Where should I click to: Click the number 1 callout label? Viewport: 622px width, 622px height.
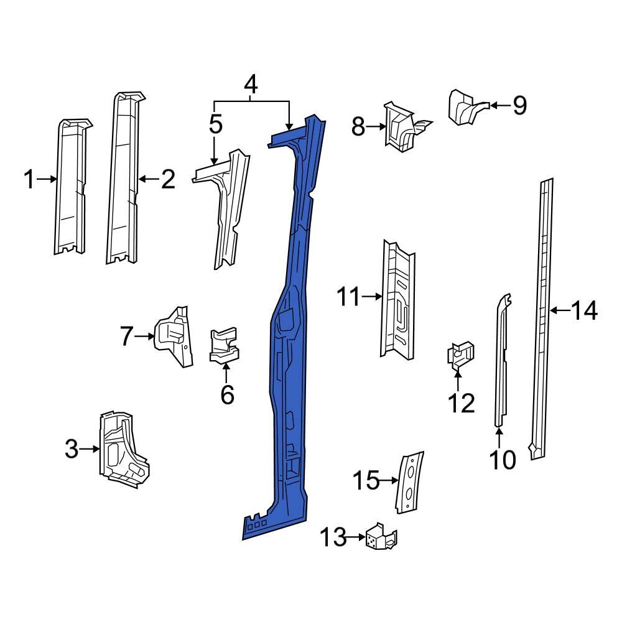click(x=29, y=180)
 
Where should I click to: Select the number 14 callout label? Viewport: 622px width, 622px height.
click(x=584, y=310)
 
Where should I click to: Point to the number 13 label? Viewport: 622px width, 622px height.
click(x=335, y=537)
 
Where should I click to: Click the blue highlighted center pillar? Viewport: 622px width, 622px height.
click(x=290, y=373)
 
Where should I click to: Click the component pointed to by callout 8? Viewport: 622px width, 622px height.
click(x=398, y=127)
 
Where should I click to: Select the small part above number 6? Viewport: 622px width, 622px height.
click(x=225, y=345)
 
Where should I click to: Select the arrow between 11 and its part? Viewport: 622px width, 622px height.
click(x=372, y=297)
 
